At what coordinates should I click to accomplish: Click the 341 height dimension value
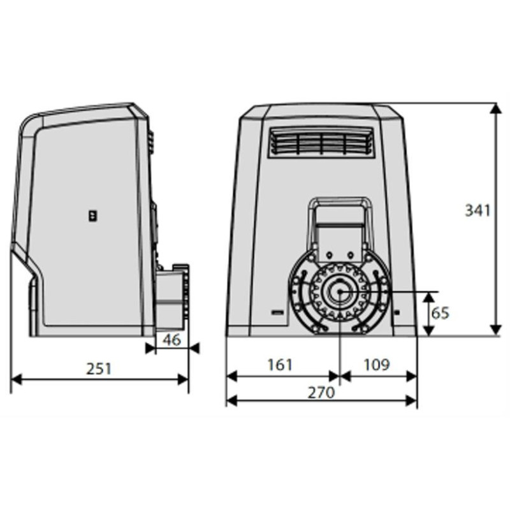point(477,210)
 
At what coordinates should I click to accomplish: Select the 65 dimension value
point(441,313)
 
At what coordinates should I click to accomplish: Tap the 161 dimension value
point(280,365)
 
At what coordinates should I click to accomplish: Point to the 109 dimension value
point(377,365)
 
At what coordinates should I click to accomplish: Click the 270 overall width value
point(321,393)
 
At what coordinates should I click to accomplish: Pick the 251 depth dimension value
point(99,368)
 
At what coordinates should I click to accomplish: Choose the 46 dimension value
point(171,339)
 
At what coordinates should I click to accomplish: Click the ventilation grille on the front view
point(320,143)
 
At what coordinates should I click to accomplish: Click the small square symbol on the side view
point(93,216)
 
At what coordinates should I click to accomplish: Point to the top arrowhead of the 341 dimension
point(495,106)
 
